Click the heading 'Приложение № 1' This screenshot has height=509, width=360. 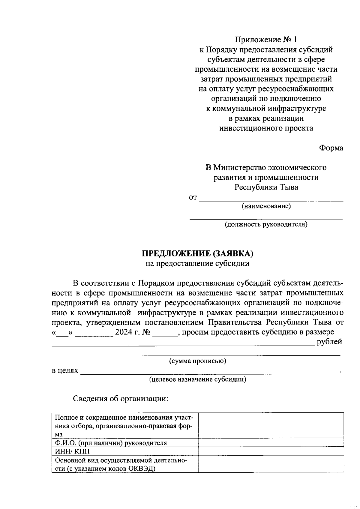[266, 40]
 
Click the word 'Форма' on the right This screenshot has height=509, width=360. [331, 148]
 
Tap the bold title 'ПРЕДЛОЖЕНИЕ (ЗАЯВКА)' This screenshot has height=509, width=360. [197, 254]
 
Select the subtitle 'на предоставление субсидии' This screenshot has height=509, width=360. [197, 264]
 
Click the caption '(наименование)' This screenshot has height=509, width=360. [266, 206]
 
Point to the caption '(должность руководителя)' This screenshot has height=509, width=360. [266, 224]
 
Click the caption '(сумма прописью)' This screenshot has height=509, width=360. [197, 361]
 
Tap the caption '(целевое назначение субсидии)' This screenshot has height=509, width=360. [198, 379]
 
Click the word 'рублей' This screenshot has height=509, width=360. [329, 342]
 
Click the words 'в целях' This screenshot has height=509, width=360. [65, 371]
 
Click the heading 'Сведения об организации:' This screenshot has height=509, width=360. [121, 399]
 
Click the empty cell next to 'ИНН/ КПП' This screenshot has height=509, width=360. [271, 451]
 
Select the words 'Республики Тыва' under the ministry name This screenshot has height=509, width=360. [266, 187]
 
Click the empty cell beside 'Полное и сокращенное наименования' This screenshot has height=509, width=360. [271, 425]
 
